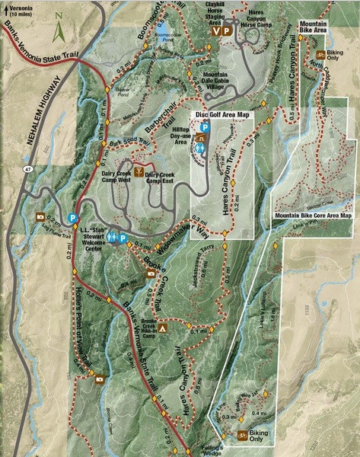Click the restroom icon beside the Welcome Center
tap(112, 238)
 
